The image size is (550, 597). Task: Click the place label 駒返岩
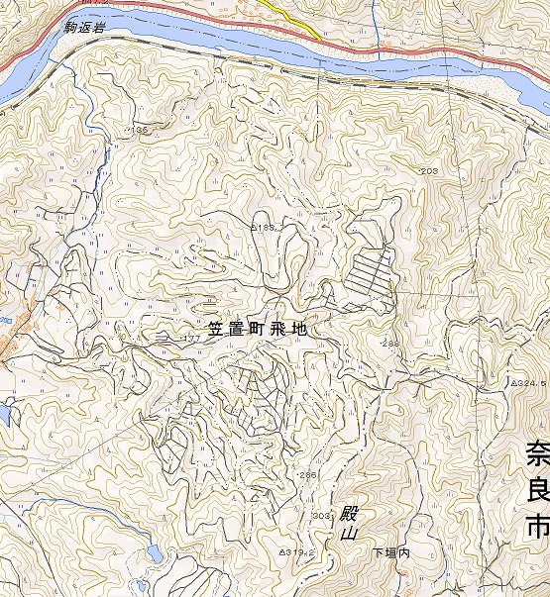tap(83, 30)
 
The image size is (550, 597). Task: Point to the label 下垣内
tap(390, 551)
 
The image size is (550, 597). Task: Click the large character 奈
tap(538, 456)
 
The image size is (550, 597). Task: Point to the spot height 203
tap(429, 171)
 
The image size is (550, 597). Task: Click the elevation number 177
tap(190, 339)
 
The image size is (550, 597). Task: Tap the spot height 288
tap(390, 344)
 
